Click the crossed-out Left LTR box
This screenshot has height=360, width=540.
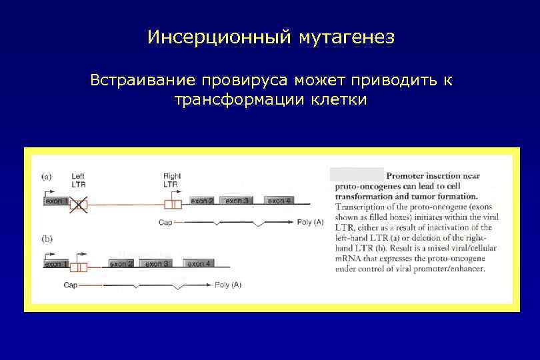(x=79, y=203)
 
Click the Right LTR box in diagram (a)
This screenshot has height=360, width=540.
(x=172, y=203)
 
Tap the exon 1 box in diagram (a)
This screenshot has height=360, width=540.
(x=56, y=200)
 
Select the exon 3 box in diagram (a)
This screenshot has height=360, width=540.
(x=237, y=200)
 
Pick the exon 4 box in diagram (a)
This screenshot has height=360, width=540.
(x=279, y=200)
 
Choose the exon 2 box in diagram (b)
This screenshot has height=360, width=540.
(x=121, y=264)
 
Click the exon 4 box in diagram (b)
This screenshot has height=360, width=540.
(x=199, y=264)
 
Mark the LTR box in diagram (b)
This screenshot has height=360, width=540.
(x=78, y=267)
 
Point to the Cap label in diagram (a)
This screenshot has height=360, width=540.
(x=166, y=222)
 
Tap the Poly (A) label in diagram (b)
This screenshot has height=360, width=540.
(x=228, y=285)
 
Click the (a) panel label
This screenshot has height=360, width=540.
(x=47, y=177)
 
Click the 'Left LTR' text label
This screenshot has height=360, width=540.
(x=78, y=180)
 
